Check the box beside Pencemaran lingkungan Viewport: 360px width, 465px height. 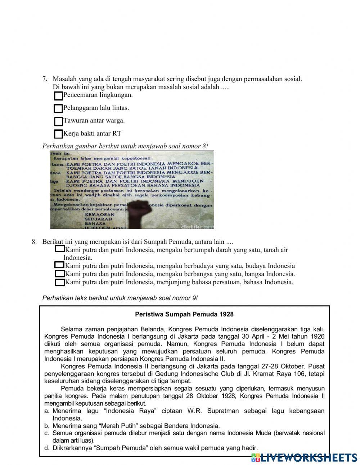(58, 96)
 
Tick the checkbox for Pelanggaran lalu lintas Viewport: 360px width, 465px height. (58, 108)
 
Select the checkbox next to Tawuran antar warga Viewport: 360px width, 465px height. (58, 121)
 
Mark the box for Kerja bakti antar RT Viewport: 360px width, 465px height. (58, 134)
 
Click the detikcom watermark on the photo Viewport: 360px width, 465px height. (197, 226)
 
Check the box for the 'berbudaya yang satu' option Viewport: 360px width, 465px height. (59, 265)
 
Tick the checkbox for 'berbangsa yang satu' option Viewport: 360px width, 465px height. (59, 274)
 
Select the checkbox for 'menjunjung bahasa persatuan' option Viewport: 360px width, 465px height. (59, 282)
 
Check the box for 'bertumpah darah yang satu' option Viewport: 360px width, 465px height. (59, 249)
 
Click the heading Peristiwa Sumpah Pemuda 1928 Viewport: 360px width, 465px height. (184, 314)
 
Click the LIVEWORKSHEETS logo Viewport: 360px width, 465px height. (304, 457)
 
